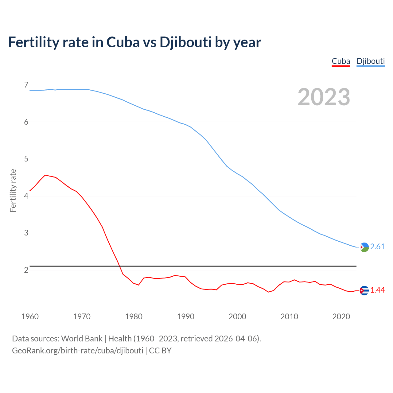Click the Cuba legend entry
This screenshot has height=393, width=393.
tap(341, 61)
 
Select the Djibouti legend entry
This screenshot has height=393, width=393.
tap(371, 61)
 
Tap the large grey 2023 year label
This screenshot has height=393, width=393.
tap(324, 97)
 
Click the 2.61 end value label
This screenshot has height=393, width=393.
tap(377, 247)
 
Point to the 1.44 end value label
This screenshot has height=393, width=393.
tap(377, 290)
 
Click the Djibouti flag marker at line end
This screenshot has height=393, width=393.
tap(364, 247)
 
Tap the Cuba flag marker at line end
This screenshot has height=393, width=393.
tap(364, 290)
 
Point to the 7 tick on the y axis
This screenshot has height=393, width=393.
tap(26, 85)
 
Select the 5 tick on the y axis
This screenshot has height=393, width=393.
tap(26, 159)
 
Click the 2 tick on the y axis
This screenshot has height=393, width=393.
tap(26, 270)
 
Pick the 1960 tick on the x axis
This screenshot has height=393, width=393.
tap(30, 317)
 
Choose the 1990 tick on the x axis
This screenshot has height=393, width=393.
tap(185, 317)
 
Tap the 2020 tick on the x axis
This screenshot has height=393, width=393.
tap(341, 317)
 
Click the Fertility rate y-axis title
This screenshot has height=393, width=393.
tap(13, 191)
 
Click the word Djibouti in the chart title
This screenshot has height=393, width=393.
tap(185, 42)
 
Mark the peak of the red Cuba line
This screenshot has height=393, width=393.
tap(45, 175)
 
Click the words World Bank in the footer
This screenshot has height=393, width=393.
tap(82, 339)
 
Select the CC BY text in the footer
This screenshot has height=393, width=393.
tap(160, 351)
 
